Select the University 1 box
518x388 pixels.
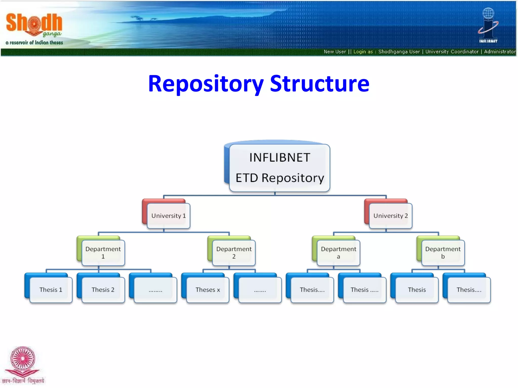pyautogui.click(x=168, y=216)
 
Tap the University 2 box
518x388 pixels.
pyautogui.click(x=391, y=216)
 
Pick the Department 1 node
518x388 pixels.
pyautogui.click(x=103, y=253)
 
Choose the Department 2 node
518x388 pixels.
pyautogui.click(x=234, y=253)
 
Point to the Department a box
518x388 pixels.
pyautogui.click(x=338, y=253)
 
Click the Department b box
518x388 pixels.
pyautogui.click(x=443, y=253)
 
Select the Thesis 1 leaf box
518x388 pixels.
pyautogui.click(x=51, y=290)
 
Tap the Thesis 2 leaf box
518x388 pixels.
pyautogui.click(x=103, y=290)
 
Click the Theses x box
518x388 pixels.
pyautogui.click(x=208, y=290)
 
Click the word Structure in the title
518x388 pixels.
pyautogui.click(x=319, y=84)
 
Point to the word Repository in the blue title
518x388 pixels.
pyautogui.click(x=206, y=84)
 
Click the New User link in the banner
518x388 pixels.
pyautogui.click(x=335, y=52)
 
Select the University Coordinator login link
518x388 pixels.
pyautogui.click(x=452, y=52)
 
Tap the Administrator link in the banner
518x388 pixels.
pyautogui.click(x=500, y=52)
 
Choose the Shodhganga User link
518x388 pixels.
pyautogui.click(x=399, y=52)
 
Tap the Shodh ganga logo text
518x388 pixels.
pyautogui.click(x=34, y=24)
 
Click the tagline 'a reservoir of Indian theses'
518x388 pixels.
pyautogui.click(x=34, y=43)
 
